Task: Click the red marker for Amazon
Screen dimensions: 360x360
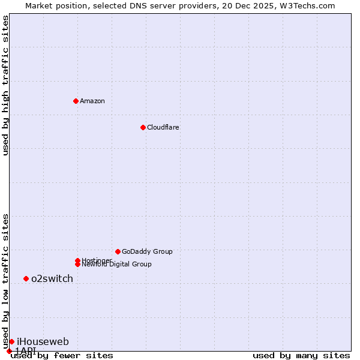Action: [x=76, y=101]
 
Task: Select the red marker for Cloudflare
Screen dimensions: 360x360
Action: [x=143, y=127]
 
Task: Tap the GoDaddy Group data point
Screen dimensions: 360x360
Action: [x=118, y=251]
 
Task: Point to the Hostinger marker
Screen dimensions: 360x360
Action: [x=77, y=260]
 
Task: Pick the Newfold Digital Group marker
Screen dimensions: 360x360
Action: [x=77, y=265]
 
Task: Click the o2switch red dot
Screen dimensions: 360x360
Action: [x=26, y=278]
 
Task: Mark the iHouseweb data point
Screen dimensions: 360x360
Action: [x=11, y=341]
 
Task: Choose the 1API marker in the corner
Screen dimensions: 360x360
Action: [x=9, y=351]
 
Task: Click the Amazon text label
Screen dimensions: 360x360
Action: [x=92, y=101]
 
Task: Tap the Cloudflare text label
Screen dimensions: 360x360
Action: [x=163, y=127]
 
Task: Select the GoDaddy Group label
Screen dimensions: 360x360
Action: [x=147, y=251]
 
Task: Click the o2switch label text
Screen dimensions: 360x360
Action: [x=52, y=278]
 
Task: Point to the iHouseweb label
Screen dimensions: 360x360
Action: [x=43, y=342]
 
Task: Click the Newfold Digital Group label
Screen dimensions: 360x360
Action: [x=117, y=265]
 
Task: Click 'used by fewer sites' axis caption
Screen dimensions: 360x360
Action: [x=62, y=356]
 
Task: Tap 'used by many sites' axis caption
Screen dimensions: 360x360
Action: [x=301, y=356]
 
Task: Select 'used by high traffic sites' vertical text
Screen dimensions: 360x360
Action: [x=5, y=85]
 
